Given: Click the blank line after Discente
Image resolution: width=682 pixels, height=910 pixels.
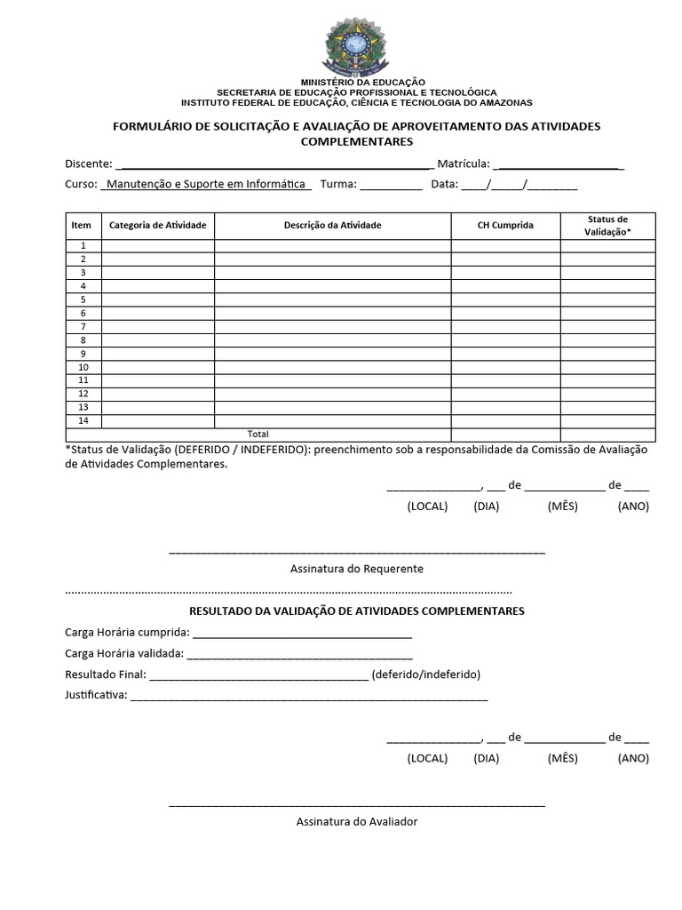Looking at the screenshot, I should tap(274, 165).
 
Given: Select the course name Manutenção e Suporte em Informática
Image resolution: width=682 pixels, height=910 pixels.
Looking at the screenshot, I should tap(206, 185).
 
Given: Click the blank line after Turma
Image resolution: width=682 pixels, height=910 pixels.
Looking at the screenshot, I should tap(392, 187).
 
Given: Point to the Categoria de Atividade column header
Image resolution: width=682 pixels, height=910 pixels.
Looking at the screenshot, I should tap(157, 226).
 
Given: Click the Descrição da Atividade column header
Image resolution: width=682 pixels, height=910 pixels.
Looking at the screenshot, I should tap(332, 226).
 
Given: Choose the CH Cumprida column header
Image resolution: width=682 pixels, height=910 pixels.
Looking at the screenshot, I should tap(505, 226).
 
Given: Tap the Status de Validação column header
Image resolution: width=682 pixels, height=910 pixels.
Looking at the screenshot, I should tap(607, 226).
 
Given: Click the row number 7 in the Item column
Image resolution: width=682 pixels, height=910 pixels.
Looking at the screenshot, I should tap(83, 327).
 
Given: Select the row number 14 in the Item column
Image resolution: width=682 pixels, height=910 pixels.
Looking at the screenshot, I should tap(83, 421).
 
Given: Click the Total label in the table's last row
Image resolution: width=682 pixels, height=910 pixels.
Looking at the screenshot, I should tap(258, 435).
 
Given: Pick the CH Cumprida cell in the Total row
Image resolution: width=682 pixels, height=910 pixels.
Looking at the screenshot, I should tap(505, 435).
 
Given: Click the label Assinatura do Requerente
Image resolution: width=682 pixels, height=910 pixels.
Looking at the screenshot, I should tap(356, 569).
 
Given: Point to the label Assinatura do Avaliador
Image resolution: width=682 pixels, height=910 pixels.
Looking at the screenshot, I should tap(356, 822).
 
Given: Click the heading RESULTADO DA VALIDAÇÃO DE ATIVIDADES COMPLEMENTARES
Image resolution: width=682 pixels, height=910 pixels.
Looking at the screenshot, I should tap(356, 611).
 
